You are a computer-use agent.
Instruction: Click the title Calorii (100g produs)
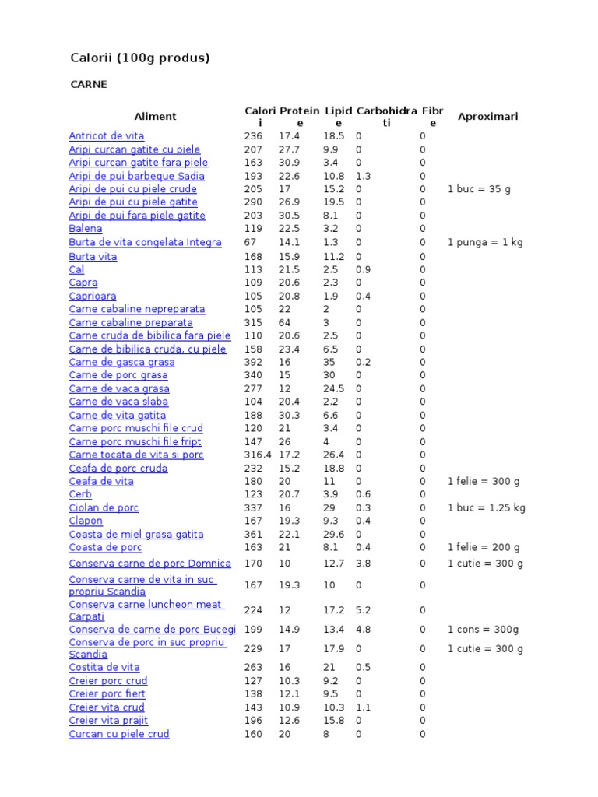coord(141,58)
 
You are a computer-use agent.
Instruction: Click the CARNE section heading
coord(88,84)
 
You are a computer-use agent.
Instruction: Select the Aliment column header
coord(155,117)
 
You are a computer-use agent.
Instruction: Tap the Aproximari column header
coord(487,117)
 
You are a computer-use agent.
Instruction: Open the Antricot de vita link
coord(106,136)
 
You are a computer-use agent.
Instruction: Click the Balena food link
coord(85,229)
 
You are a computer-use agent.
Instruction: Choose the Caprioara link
coord(93,296)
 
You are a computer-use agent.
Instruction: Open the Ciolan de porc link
coord(104,507)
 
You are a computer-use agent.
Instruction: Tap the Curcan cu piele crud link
coord(118,734)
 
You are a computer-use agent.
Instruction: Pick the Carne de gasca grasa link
coord(121,362)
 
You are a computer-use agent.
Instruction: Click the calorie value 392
coord(252,362)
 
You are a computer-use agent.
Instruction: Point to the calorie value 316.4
coord(257,455)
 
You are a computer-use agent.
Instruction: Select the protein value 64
coord(285,322)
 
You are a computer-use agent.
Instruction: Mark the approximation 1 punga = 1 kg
coord(485,242)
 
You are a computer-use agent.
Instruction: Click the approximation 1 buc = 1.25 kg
coord(487,507)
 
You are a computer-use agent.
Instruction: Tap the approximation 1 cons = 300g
coord(483,630)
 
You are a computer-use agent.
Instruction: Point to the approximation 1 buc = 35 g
coord(479,189)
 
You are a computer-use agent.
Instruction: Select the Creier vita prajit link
coord(108,721)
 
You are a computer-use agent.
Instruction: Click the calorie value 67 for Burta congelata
coord(249,242)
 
